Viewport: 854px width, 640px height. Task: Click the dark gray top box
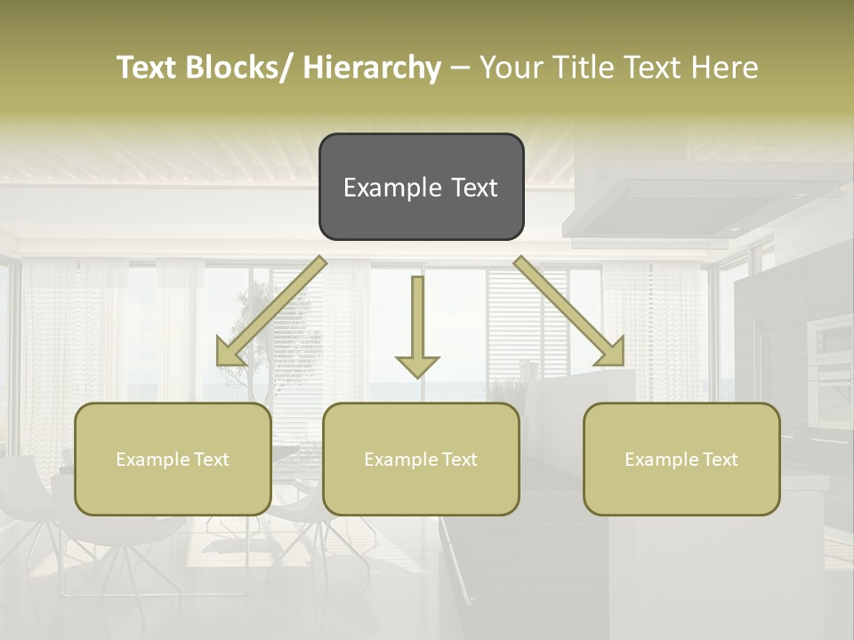coord(421,187)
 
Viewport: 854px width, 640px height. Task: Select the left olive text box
coord(173,459)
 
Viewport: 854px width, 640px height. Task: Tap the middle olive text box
coord(421,459)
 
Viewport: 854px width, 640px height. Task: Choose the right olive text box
coord(681,459)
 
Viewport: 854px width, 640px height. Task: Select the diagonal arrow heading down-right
coord(569,311)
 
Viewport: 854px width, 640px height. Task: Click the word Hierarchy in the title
coord(372,68)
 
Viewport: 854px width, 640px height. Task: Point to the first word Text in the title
coord(148,68)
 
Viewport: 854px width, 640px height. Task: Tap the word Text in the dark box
coord(472,188)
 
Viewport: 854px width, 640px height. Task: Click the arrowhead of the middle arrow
coord(417,364)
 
